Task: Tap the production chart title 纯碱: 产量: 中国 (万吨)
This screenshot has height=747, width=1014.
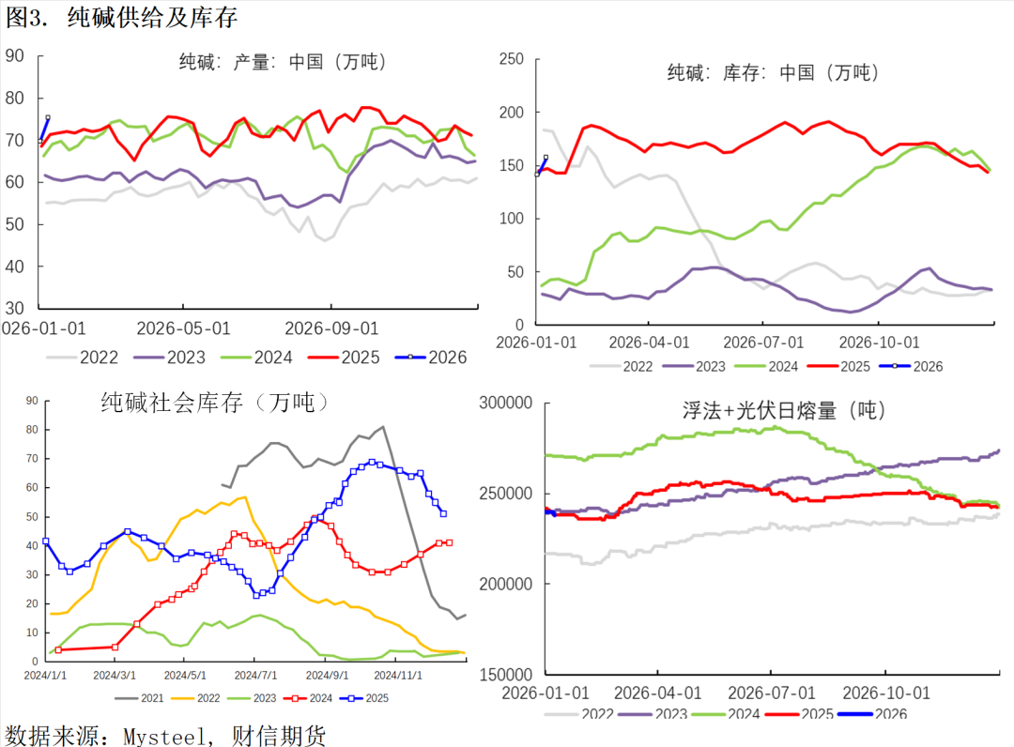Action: pos(284,63)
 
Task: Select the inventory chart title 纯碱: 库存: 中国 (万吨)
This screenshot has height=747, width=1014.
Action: pos(771,72)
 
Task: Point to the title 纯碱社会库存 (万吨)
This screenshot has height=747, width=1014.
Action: pos(215,404)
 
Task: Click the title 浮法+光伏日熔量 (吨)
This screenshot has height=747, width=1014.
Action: pos(784,410)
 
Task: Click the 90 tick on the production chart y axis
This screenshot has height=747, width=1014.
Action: pos(14,55)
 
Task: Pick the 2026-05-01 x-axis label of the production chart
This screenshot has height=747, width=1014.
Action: pos(183,328)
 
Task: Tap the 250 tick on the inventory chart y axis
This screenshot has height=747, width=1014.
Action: pos(511,59)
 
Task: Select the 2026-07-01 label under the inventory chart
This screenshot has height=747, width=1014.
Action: pos(764,343)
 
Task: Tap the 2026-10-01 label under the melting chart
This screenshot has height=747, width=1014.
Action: pos(886,693)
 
